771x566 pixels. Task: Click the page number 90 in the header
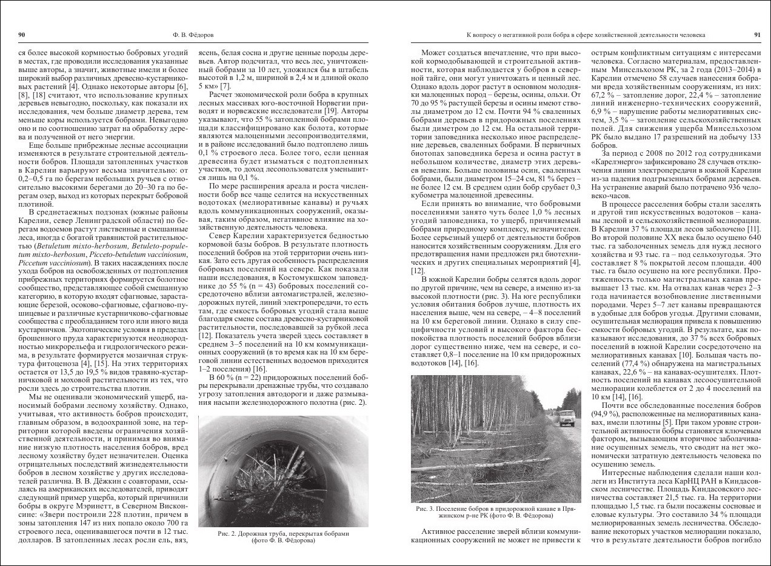point(21,35)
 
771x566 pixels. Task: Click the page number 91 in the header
point(756,35)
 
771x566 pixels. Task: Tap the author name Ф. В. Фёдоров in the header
point(190,35)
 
